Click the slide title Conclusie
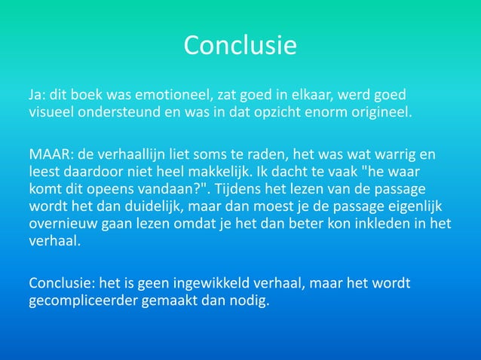(x=240, y=46)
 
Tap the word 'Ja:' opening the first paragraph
(x=37, y=97)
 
